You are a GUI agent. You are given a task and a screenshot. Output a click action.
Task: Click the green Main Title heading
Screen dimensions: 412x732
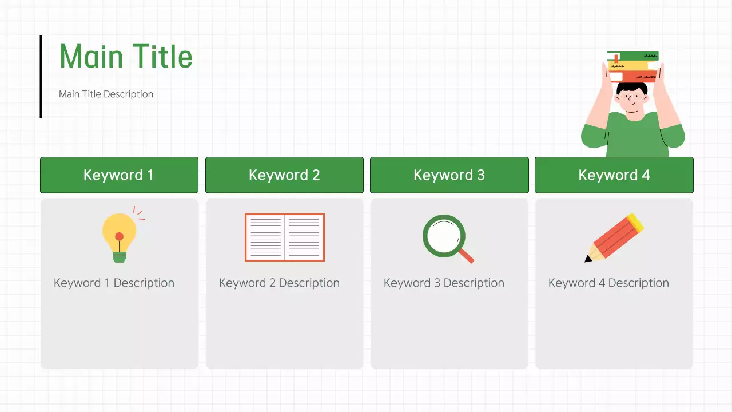click(126, 57)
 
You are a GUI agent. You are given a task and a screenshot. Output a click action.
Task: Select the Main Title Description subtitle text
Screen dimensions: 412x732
click(106, 94)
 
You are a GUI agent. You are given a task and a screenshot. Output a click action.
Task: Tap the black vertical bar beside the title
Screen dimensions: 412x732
click(41, 77)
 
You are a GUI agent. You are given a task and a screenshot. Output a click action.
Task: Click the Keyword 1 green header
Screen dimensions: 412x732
click(119, 175)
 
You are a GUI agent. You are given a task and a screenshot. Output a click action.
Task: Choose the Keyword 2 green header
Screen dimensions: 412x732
click(284, 175)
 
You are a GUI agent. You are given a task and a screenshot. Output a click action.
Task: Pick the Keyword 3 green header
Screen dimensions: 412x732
click(449, 175)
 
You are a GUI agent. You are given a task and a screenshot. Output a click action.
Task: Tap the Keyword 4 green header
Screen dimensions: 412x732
click(614, 175)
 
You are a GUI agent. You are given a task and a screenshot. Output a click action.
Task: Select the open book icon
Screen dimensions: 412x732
click(284, 237)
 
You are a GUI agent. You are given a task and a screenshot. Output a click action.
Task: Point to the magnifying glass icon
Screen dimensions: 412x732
click(444, 236)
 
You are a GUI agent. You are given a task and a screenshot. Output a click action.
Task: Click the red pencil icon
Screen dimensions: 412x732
click(615, 237)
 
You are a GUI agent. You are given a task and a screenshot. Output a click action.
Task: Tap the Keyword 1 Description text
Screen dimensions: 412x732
click(114, 283)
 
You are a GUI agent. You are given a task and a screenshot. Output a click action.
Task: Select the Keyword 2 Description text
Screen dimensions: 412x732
click(279, 283)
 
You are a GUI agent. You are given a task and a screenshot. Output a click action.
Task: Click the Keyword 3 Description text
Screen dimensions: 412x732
click(444, 283)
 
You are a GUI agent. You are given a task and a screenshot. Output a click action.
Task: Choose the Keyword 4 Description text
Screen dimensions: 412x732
click(608, 283)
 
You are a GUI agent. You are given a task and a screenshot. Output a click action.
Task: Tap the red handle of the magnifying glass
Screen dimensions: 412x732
click(467, 256)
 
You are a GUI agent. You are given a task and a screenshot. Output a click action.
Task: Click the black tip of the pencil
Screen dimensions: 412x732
click(588, 259)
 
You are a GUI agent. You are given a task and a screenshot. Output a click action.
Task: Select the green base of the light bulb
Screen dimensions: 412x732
click(119, 257)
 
